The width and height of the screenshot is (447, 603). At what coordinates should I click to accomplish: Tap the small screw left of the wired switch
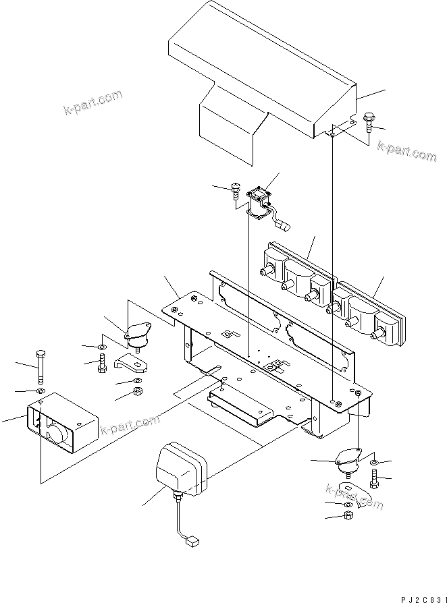tap(234, 191)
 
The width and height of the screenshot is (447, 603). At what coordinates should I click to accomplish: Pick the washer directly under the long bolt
tap(41, 391)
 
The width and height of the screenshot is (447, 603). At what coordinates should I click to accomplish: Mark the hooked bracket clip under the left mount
tap(132, 363)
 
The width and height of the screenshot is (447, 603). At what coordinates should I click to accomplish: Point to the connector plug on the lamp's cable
tap(191, 540)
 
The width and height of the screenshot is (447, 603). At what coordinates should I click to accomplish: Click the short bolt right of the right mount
tap(376, 481)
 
